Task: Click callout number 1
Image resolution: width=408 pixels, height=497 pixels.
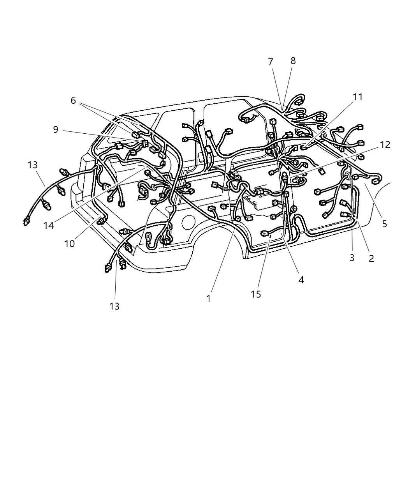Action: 208,299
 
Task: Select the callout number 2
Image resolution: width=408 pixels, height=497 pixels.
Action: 371,258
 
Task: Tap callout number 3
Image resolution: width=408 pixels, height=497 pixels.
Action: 352,258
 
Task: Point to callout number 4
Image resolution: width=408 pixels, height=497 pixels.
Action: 301,279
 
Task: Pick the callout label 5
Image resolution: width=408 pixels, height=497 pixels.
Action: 384,224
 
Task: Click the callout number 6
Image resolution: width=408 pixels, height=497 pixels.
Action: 73,100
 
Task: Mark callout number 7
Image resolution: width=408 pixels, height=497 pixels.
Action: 271,62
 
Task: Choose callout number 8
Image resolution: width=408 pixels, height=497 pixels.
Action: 293,60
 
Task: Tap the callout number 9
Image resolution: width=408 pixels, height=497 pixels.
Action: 56,129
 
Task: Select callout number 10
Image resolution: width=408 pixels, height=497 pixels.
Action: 69,244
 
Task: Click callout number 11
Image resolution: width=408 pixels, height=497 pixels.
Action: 357,97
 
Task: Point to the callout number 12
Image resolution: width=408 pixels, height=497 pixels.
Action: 385,145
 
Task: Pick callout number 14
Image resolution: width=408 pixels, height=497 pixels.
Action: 49,225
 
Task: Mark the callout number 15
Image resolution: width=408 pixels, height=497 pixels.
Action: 256,294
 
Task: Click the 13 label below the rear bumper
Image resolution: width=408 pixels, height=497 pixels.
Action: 114,306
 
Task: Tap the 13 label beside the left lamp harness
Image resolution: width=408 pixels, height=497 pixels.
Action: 33,164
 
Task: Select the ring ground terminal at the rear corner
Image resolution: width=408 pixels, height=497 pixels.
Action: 149,236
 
